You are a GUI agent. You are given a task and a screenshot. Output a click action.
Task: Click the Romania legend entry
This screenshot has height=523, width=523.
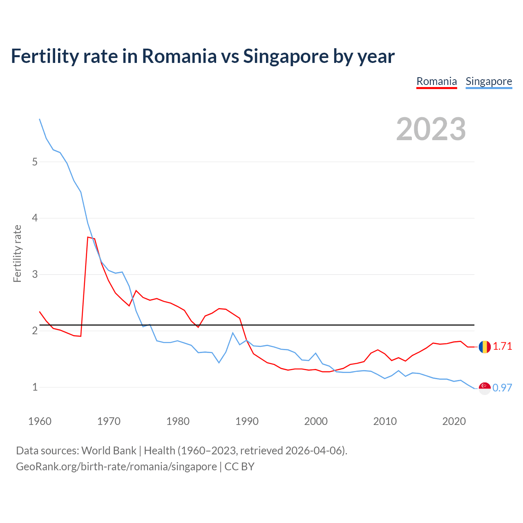tap(436, 81)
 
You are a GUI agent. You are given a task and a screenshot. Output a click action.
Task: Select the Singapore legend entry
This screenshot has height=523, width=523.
tap(489, 81)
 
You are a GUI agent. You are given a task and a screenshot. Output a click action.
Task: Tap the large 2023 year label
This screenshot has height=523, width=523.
tap(431, 129)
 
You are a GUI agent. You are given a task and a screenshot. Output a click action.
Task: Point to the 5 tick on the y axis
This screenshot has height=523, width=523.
tap(35, 162)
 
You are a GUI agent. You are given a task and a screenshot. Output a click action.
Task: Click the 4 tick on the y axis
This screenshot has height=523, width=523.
tap(35, 218)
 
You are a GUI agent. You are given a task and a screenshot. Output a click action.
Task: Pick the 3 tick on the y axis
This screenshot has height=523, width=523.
tap(35, 274)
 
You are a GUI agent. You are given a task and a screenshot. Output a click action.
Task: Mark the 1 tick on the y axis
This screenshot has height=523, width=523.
tap(35, 387)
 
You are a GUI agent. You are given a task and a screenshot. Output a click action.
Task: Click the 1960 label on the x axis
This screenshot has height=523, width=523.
tap(40, 421)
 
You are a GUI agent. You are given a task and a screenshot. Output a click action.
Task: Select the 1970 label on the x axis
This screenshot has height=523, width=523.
tap(109, 421)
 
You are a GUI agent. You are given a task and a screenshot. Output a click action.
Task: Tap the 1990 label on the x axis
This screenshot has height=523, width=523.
tap(247, 421)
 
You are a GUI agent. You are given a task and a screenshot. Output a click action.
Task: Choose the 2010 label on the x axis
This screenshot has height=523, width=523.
tap(385, 421)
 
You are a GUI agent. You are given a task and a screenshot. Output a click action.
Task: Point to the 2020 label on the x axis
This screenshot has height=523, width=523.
tap(454, 421)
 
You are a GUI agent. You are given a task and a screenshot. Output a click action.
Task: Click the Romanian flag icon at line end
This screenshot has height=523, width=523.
tap(485, 347)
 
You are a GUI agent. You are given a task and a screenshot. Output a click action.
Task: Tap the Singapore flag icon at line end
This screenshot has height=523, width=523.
tap(485, 388)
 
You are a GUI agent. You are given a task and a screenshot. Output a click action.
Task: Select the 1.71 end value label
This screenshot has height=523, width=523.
tap(502, 346)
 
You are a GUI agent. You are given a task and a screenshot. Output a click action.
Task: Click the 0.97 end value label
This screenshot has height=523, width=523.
tap(502, 388)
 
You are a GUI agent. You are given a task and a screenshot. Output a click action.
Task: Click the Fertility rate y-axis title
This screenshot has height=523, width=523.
tap(17, 253)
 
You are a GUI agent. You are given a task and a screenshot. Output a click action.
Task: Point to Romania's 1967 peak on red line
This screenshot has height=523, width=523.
tap(88, 237)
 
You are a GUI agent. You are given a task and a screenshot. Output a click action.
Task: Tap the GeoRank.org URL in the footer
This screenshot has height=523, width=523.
tap(116, 467)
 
